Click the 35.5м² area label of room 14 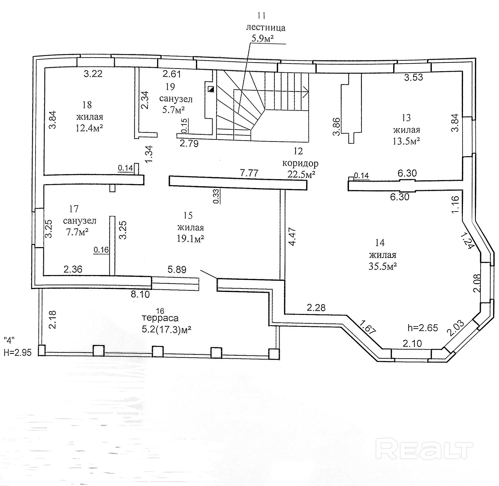383,266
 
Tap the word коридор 300,163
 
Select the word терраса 160,318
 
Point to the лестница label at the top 266,28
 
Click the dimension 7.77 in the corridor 249,173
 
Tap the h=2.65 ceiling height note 423,328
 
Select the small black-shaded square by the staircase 211,89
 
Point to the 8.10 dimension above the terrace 140,294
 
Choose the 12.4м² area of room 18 89,128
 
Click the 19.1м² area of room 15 190,239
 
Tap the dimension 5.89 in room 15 177,269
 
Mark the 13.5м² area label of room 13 406,141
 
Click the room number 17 74,209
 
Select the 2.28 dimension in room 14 316,308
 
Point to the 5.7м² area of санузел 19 173,110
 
